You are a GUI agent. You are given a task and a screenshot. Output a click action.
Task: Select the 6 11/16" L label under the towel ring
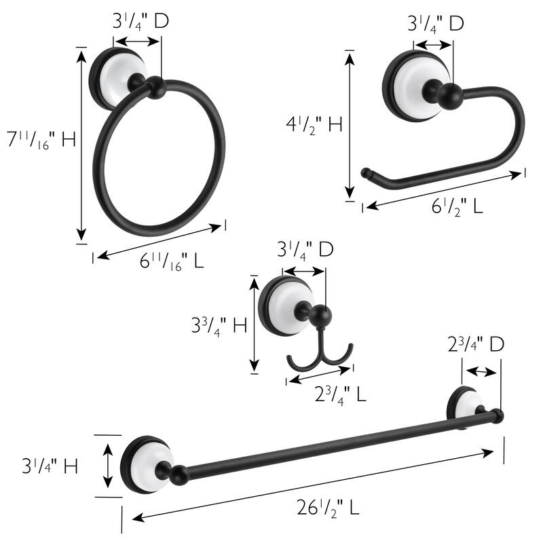(172, 261)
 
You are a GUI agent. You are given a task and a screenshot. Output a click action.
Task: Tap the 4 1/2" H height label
(314, 125)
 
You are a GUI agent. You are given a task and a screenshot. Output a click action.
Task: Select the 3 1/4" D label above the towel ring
(140, 22)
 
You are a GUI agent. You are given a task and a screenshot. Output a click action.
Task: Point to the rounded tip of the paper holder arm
(367, 172)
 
